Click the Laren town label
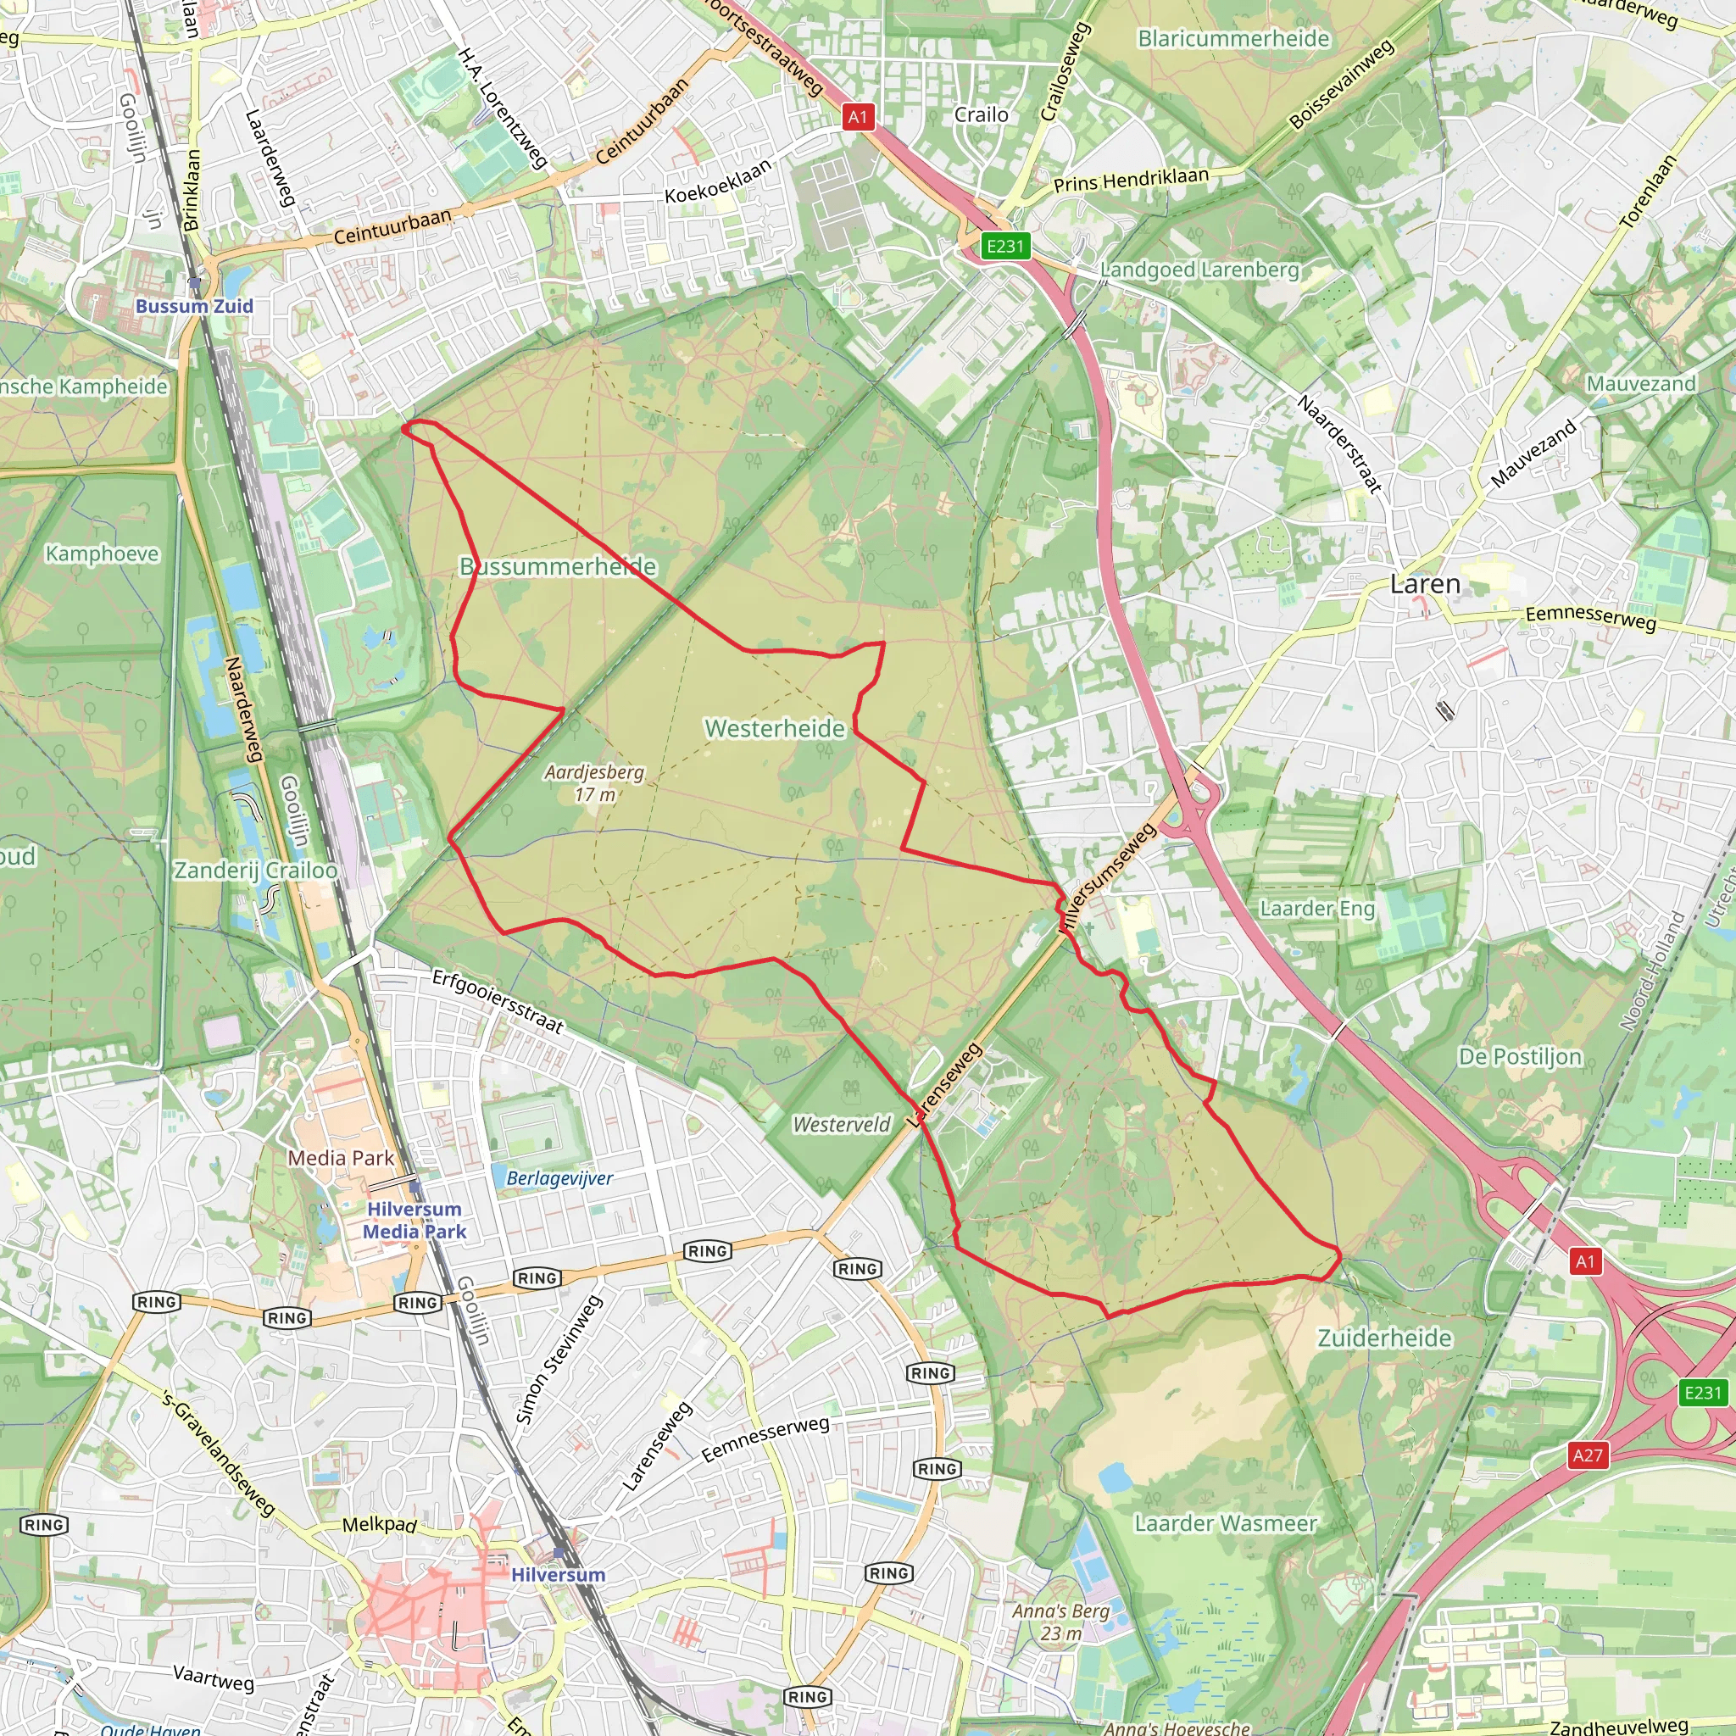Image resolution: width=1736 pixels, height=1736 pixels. pyautogui.click(x=1424, y=584)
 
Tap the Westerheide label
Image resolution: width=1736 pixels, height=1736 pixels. pyautogui.click(x=775, y=728)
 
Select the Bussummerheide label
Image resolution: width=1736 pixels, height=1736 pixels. pyautogui.click(x=558, y=566)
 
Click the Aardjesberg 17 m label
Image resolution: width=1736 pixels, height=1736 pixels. pyautogui.click(x=595, y=782)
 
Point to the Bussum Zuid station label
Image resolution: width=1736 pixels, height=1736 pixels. pyautogui.click(x=194, y=305)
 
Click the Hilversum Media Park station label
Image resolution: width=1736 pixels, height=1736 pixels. pyautogui.click(x=415, y=1221)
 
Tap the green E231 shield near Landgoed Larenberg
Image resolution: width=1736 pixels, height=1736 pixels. pyautogui.click(x=1004, y=246)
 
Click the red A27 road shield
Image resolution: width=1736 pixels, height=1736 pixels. pyautogui.click(x=1587, y=1455)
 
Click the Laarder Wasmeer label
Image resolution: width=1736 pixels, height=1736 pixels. pyautogui.click(x=1226, y=1523)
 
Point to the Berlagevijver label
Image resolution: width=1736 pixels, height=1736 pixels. pyautogui.click(x=559, y=1178)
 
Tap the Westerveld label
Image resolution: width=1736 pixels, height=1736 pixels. pyautogui.click(x=841, y=1124)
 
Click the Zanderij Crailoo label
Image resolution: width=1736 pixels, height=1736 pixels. pyautogui.click(x=256, y=870)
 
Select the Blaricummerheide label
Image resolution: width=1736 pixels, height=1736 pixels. pyautogui.click(x=1232, y=39)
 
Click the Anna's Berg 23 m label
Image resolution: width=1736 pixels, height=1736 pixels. pyautogui.click(x=1060, y=1622)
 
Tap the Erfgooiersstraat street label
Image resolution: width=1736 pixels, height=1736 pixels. pyautogui.click(x=498, y=1001)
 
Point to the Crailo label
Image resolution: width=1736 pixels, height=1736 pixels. pyautogui.click(x=982, y=115)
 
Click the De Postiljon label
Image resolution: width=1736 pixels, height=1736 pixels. pyautogui.click(x=1520, y=1057)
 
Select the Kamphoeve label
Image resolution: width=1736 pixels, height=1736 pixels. pyautogui.click(x=103, y=554)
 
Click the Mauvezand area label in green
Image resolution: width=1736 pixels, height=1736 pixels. pyautogui.click(x=1641, y=384)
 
